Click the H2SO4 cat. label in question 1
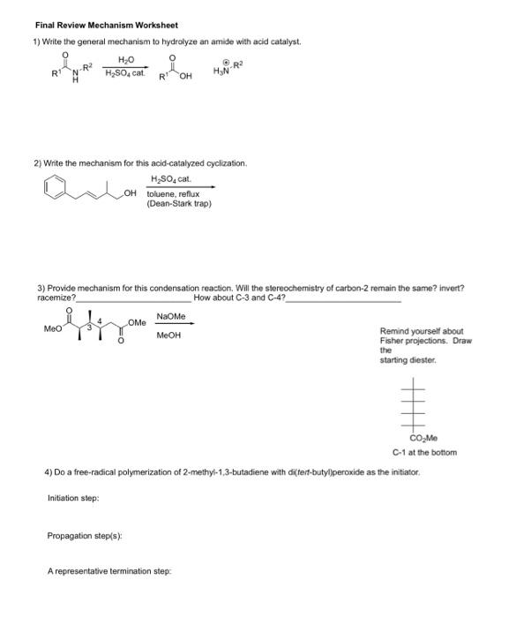124,72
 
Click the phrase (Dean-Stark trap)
179,204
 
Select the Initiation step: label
73,498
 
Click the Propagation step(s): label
85,534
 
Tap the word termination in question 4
137,571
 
